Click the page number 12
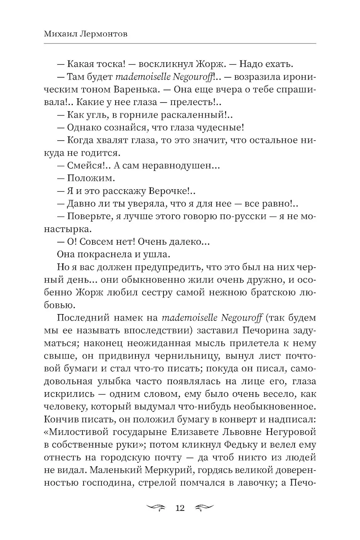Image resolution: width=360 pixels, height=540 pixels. [x=180, y=508]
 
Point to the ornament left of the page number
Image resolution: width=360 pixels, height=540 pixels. [x=156, y=508]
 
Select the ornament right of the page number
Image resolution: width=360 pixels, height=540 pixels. [x=204, y=508]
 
